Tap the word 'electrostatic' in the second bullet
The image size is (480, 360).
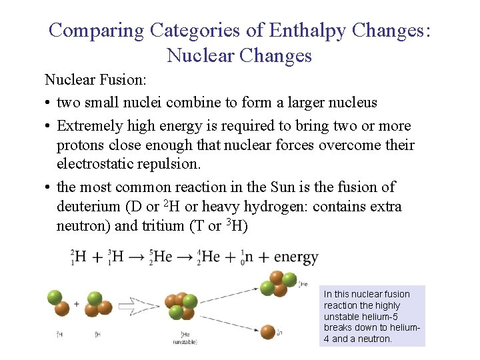(100, 163)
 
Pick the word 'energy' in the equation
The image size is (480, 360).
(296, 257)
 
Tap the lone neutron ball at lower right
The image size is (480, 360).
(268, 331)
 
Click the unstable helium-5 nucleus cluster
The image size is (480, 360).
(181, 306)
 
